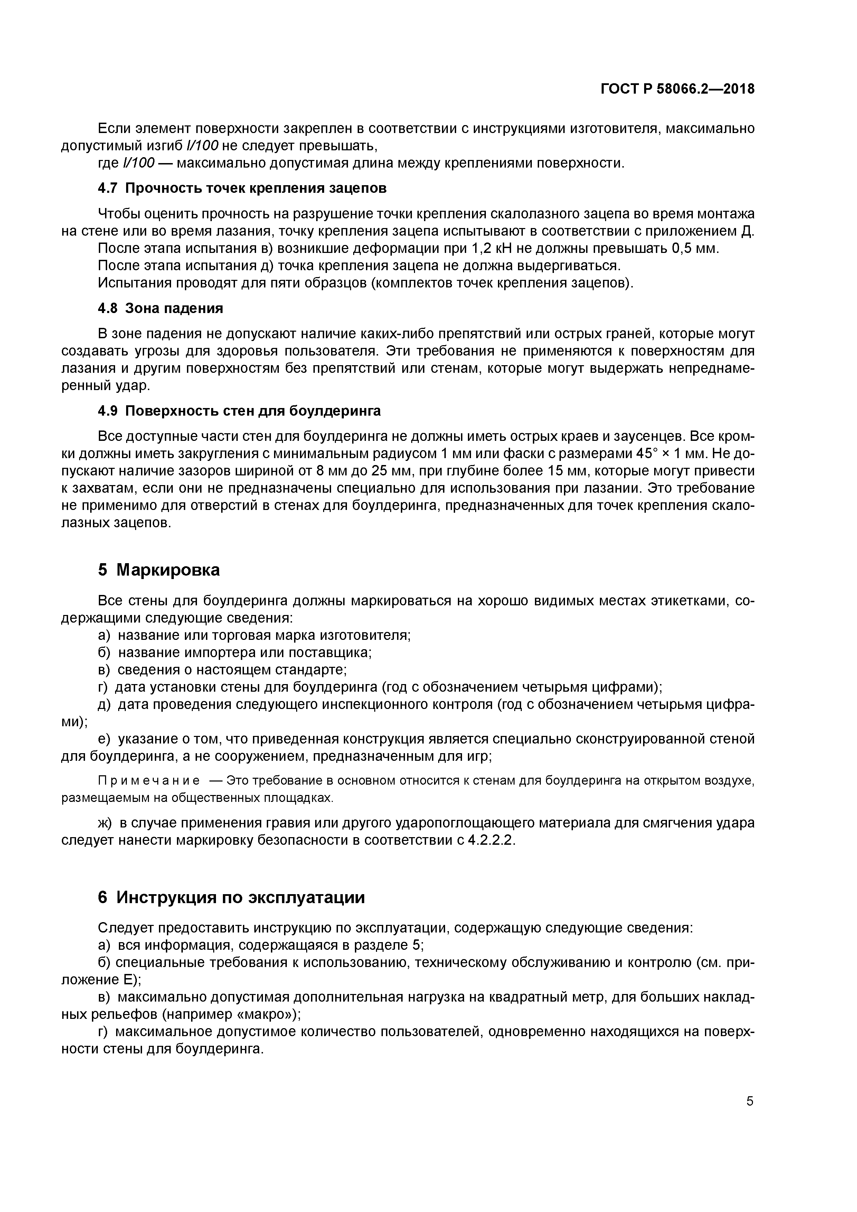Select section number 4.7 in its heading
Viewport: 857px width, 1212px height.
(x=109, y=188)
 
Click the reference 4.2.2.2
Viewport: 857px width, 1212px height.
(x=491, y=840)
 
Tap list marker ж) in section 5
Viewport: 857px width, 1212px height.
(x=106, y=822)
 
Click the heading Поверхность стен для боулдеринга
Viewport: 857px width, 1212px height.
(x=253, y=411)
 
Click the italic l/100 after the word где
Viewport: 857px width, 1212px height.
(x=138, y=163)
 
